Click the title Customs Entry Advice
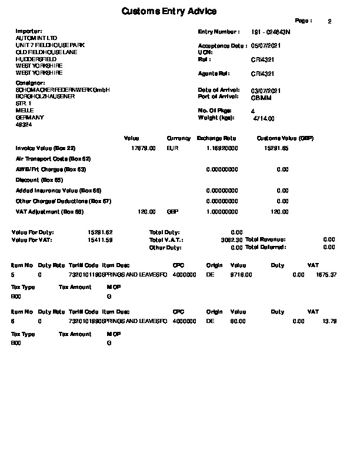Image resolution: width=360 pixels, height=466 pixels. [x=168, y=11]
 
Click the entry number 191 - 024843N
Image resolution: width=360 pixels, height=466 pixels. [x=271, y=31]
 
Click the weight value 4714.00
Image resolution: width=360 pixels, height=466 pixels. [x=264, y=118]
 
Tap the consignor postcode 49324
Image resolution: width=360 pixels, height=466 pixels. [x=24, y=125]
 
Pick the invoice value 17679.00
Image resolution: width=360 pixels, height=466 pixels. [x=144, y=148]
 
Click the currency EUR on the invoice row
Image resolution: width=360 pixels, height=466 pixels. [x=172, y=148]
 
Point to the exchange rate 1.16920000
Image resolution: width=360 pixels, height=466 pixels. [x=222, y=148]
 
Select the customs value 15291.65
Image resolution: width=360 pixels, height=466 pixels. [x=277, y=148]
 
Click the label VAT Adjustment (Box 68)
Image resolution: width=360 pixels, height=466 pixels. [x=50, y=211]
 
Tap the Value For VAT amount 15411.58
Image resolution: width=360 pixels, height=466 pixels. [x=100, y=240]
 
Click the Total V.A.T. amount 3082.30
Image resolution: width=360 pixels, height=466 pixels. [x=231, y=240]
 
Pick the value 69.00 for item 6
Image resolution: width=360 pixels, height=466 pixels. [x=238, y=321]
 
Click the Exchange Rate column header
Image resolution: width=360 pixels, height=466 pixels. [x=216, y=138]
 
